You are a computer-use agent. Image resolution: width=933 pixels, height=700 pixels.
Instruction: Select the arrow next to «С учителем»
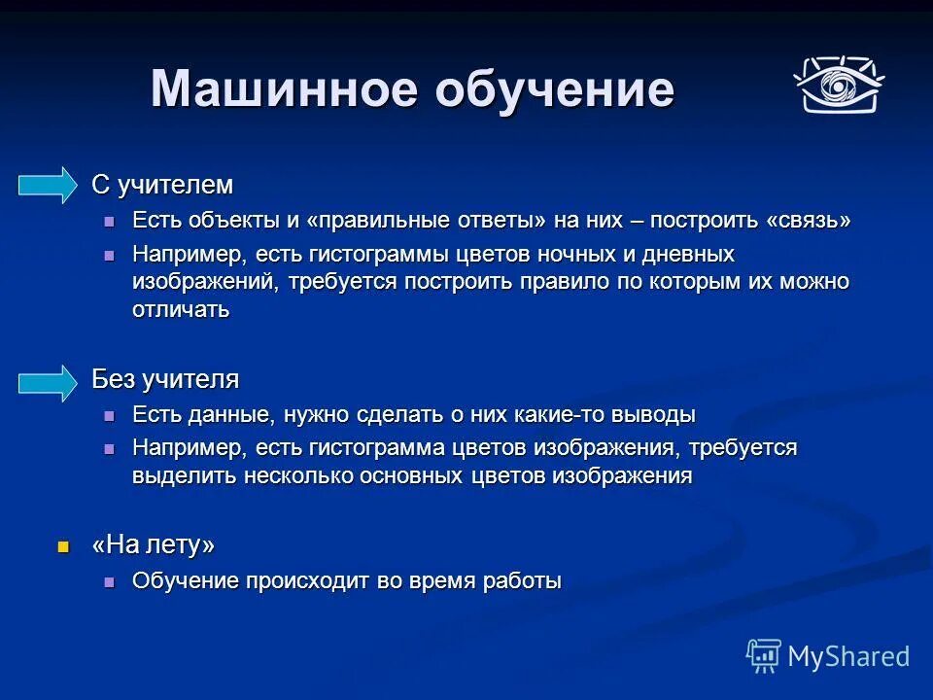[48, 185]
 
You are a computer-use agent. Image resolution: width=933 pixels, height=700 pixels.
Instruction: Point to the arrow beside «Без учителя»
[48, 382]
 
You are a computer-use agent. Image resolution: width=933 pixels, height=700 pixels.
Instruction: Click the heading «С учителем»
[162, 185]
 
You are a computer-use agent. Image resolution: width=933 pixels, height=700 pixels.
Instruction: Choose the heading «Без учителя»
[165, 379]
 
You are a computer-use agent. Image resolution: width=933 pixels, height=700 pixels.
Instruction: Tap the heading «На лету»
[153, 546]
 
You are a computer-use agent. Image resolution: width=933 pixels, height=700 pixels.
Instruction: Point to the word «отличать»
[181, 310]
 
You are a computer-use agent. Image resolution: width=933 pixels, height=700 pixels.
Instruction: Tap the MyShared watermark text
[848, 656]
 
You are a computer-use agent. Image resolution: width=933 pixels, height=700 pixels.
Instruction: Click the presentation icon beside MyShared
[764, 656]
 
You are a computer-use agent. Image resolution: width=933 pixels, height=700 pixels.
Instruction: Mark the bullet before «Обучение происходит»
[110, 581]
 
